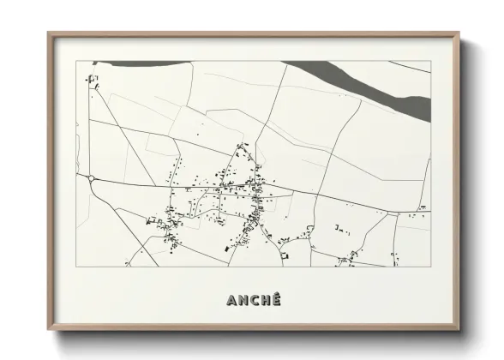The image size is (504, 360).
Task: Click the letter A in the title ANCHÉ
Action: (231, 300)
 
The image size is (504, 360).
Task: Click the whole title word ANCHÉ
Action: (253, 300)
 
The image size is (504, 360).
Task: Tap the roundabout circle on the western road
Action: (91, 178)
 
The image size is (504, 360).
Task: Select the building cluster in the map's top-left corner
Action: (93, 80)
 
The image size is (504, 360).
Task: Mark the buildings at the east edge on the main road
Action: (423, 207)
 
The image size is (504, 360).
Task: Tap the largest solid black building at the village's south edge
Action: (228, 247)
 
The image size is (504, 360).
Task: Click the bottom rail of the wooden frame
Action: (253, 329)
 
